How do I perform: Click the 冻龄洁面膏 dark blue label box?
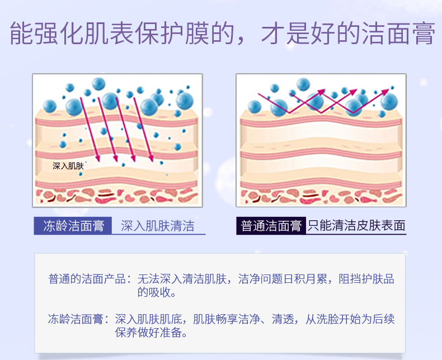(73, 226)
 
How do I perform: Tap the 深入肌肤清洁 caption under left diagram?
(158, 226)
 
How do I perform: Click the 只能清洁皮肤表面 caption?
(356, 226)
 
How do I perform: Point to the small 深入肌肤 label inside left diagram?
(68, 166)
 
